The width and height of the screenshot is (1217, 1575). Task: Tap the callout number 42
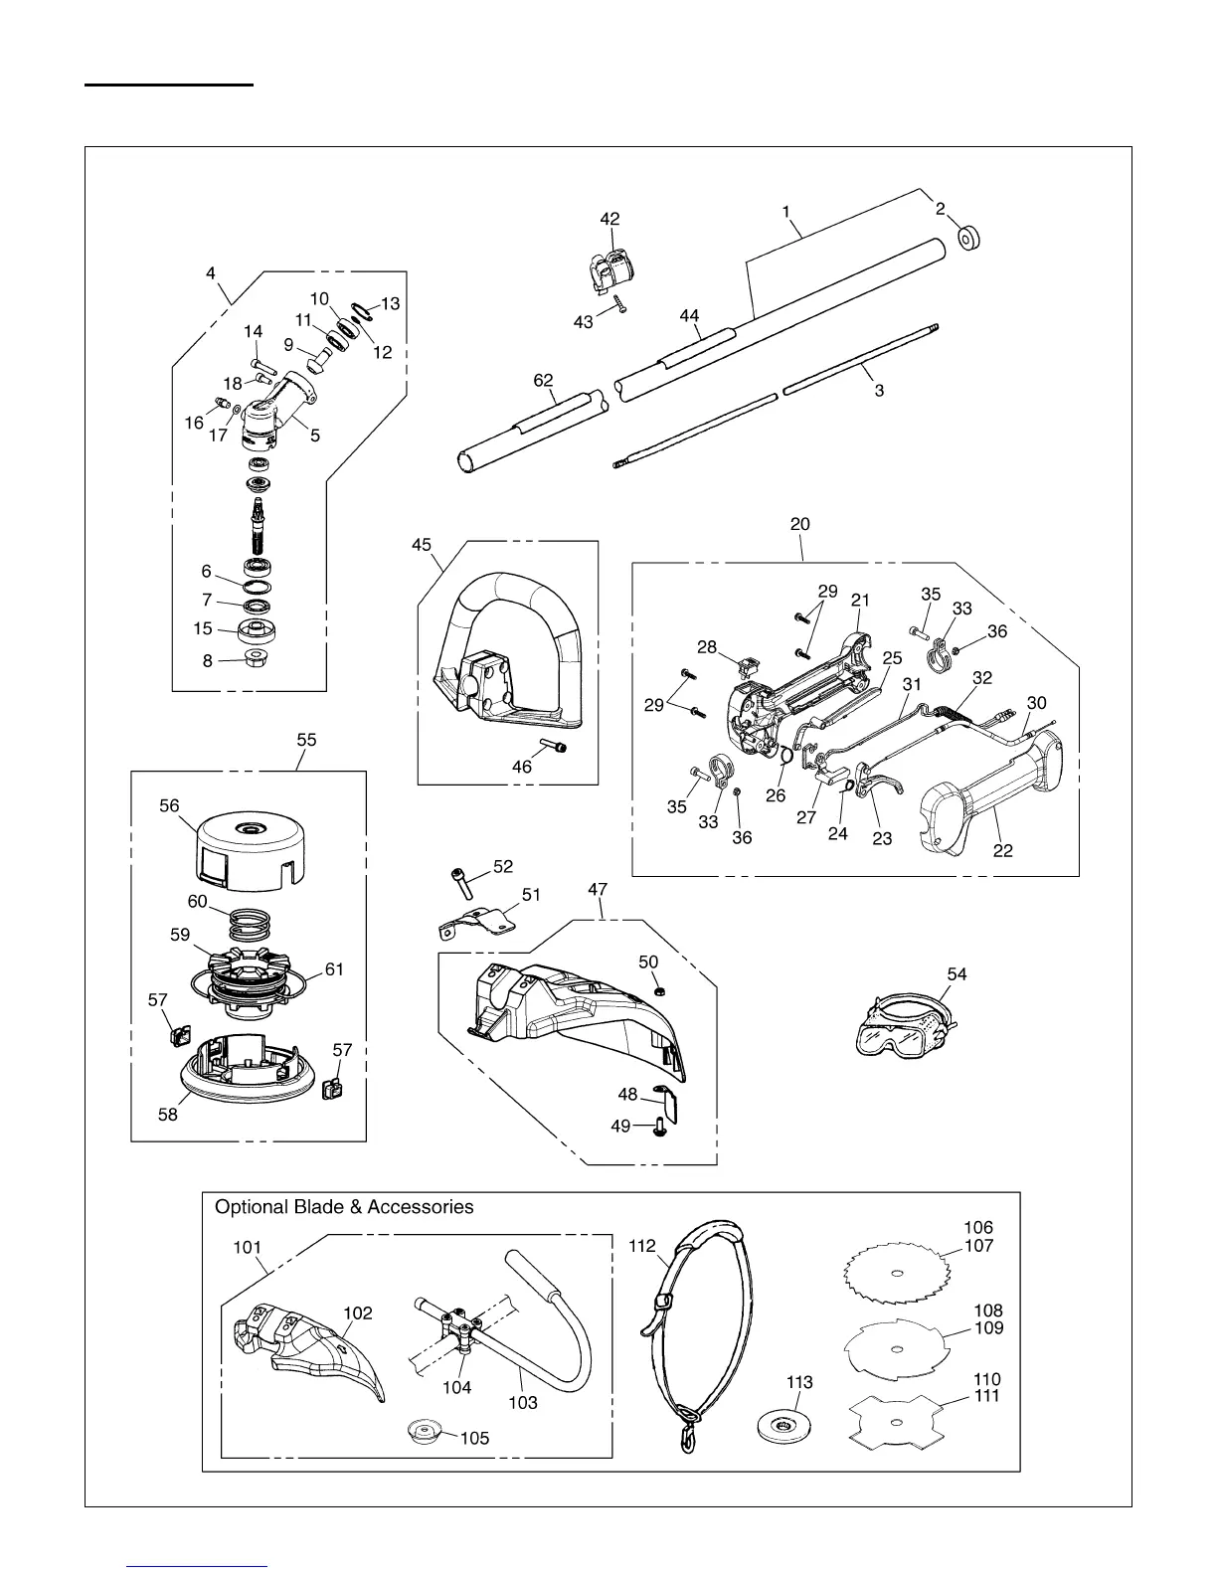coord(609,219)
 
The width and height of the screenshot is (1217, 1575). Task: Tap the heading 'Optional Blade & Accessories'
coord(344,1207)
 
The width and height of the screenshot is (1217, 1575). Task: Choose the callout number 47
coord(598,890)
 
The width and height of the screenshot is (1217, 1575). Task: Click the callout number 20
coord(800,524)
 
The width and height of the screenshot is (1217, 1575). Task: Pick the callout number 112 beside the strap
coord(642,1244)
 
